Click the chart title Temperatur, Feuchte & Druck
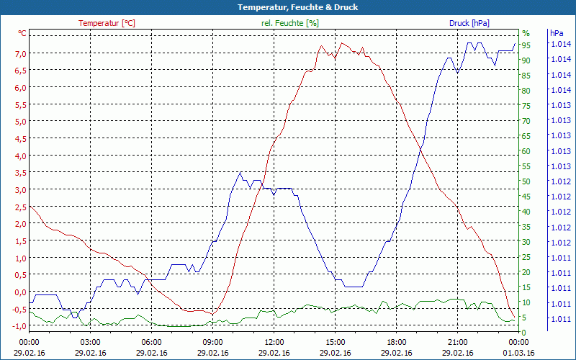[287, 7]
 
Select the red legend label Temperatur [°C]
[107, 23]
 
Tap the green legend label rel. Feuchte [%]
[289, 23]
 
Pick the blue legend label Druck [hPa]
[469, 23]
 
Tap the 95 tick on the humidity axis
[526, 45]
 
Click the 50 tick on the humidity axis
[526, 181]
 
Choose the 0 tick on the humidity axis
[524, 332]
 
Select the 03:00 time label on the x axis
[91, 342]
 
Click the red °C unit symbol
[22, 33]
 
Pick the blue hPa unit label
[555, 33]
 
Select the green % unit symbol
[526, 33]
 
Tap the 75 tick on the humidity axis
[526, 106]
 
